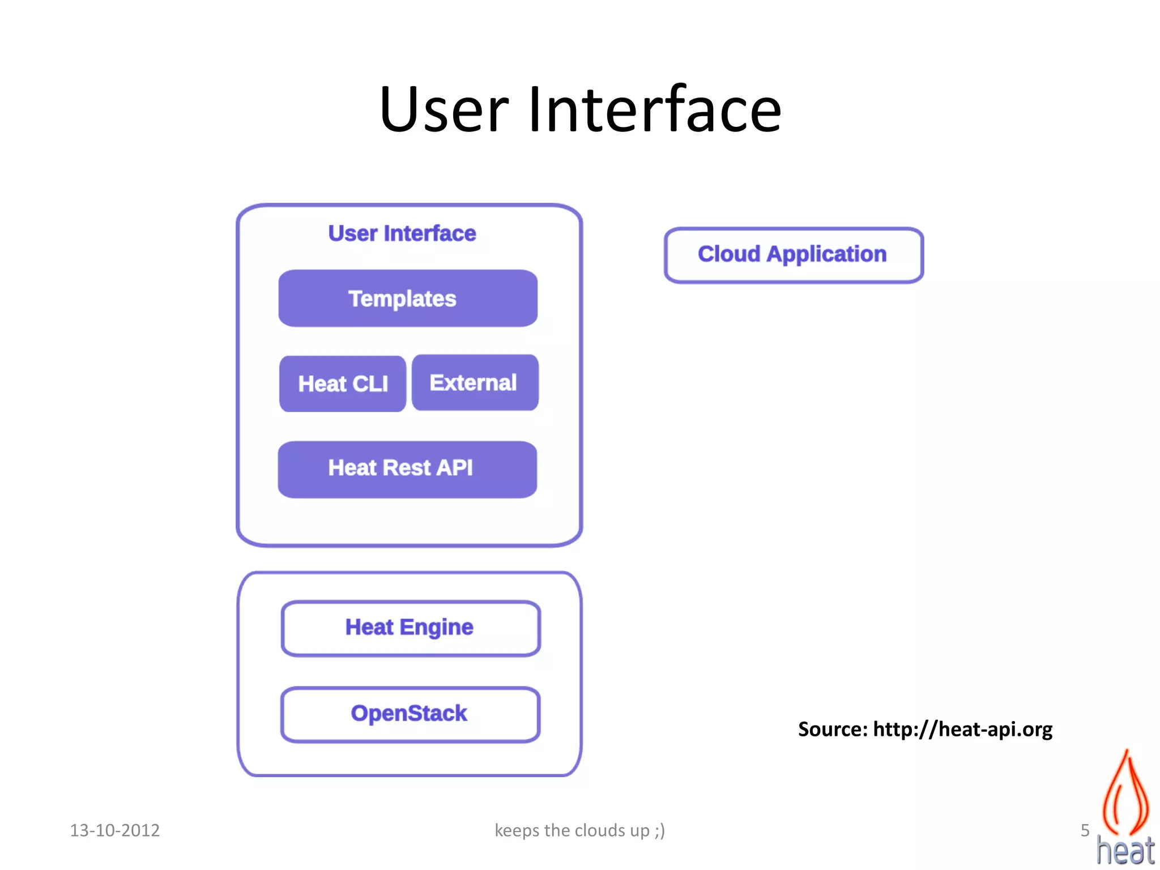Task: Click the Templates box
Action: tap(408, 298)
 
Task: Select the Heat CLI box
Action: tap(343, 383)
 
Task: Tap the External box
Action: tap(475, 382)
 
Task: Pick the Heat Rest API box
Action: tap(407, 469)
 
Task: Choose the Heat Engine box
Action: tap(410, 628)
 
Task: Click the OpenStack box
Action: tap(410, 714)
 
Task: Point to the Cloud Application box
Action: tap(793, 254)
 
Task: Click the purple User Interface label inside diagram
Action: tap(402, 233)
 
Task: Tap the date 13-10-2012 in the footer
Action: tap(114, 830)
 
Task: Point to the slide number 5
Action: tap(1085, 830)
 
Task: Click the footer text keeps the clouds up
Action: tap(579, 830)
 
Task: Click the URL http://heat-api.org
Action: tap(962, 730)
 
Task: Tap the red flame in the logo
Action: tap(1125, 793)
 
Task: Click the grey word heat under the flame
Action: tap(1125, 851)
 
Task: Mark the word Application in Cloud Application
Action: tap(826, 254)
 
